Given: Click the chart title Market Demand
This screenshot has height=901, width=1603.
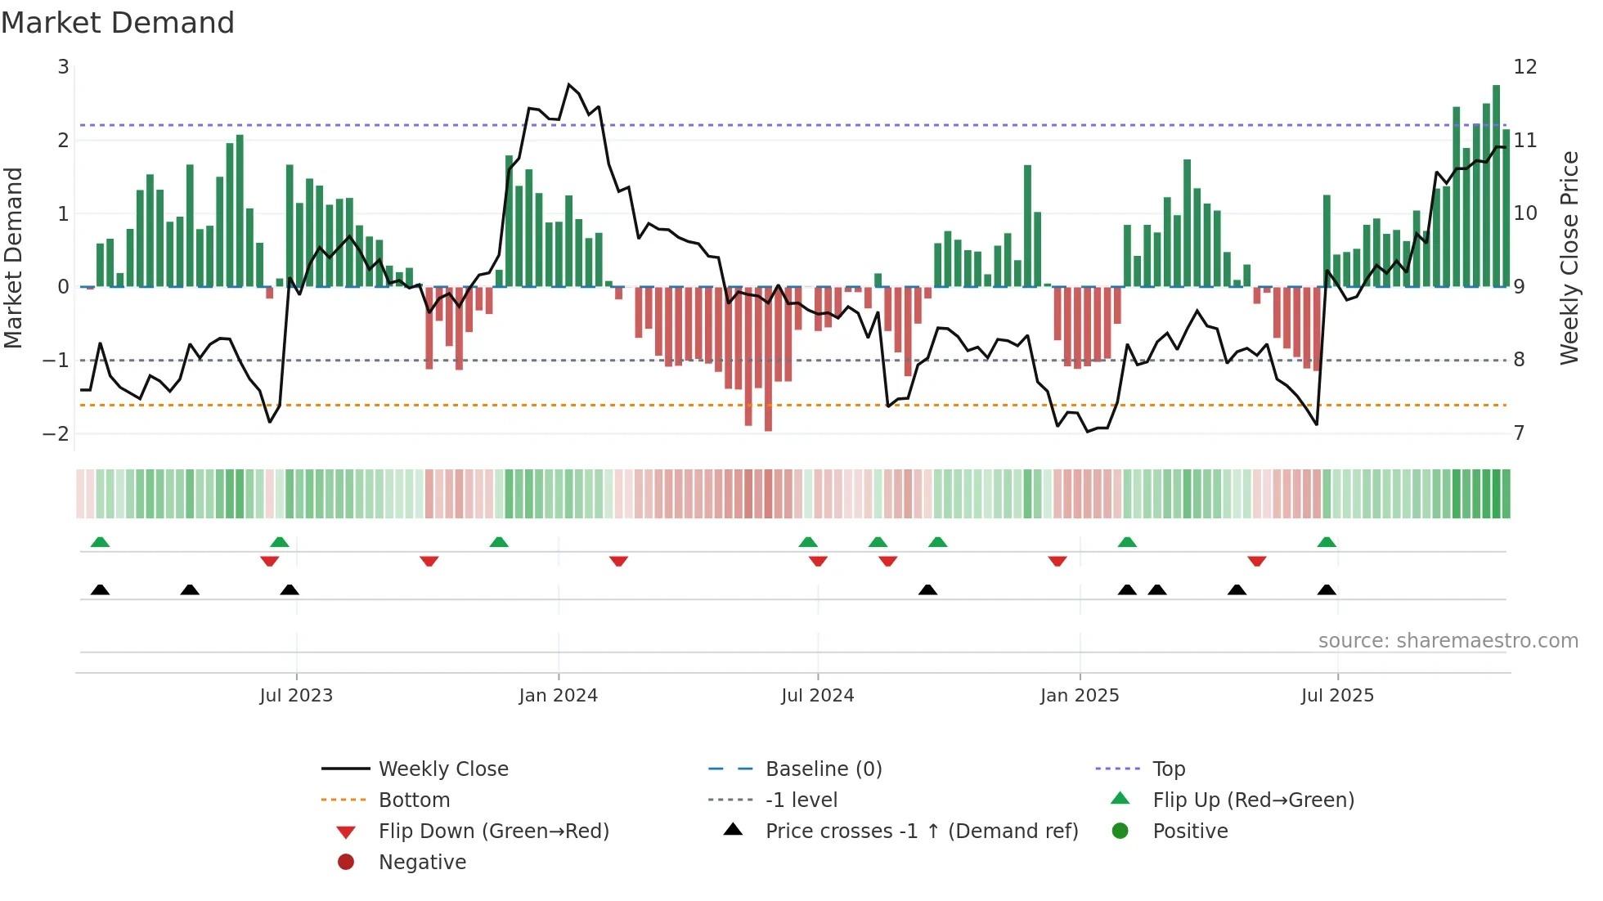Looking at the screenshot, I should [x=118, y=23].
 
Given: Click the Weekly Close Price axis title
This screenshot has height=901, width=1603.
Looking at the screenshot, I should [x=1569, y=258].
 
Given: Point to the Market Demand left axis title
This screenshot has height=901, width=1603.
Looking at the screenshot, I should [x=13, y=258].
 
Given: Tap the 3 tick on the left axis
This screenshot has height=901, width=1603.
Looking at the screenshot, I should [x=63, y=67].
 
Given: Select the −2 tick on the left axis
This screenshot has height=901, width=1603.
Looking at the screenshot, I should [x=56, y=433].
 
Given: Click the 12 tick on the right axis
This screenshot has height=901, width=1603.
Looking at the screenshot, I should [x=1524, y=67].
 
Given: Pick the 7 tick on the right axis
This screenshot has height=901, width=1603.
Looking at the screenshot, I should [x=1519, y=433].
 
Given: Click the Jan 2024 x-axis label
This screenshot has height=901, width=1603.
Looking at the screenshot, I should [x=558, y=696].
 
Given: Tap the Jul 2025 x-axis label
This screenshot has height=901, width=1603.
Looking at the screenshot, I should [x=1337, y=696].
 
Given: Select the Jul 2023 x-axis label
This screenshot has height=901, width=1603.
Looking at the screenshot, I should [x=296, y=696].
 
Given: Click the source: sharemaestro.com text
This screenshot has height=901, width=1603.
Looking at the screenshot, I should [x=1448, y=641].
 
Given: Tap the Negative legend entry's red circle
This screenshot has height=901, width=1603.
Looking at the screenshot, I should [x=346, y=863].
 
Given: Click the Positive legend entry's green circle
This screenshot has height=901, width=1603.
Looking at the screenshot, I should [x=1120, y=832].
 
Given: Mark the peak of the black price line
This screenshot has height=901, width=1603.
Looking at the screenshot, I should [x=569, y=84].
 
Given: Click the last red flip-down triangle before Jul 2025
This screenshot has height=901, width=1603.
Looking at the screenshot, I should [x=1257, y=562].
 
